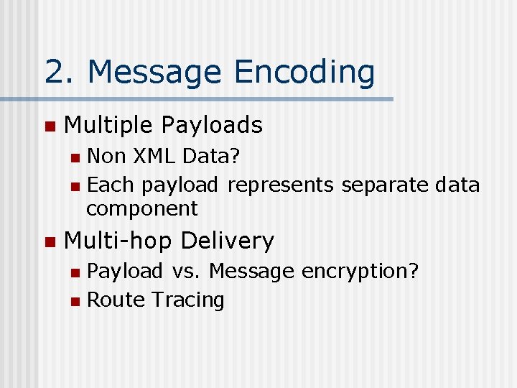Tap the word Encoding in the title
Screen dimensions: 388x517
(304, 73)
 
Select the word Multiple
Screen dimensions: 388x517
(108, 126)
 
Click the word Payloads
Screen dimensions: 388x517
(212, 126)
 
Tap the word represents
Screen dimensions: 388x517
(280, 185)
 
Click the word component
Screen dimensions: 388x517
(141, 209)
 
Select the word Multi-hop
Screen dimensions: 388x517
(119, 241)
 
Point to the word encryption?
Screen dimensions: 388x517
(360, 272)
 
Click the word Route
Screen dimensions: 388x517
(115, 300)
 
